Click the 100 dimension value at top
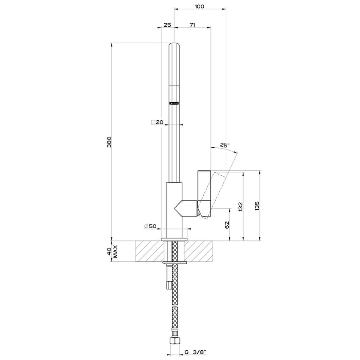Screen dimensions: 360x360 point(200,6)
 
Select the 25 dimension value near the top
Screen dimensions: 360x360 point(167,25)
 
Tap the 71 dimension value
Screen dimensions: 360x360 point(192,25)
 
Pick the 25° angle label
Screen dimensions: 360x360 point(224,145)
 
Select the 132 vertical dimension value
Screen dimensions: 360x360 point(240,206)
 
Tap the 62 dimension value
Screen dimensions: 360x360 point(226,225)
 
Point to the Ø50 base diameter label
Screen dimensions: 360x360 point(150,227)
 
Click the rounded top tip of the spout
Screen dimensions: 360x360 point(174,46)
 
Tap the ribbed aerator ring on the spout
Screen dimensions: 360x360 point(174,102)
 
